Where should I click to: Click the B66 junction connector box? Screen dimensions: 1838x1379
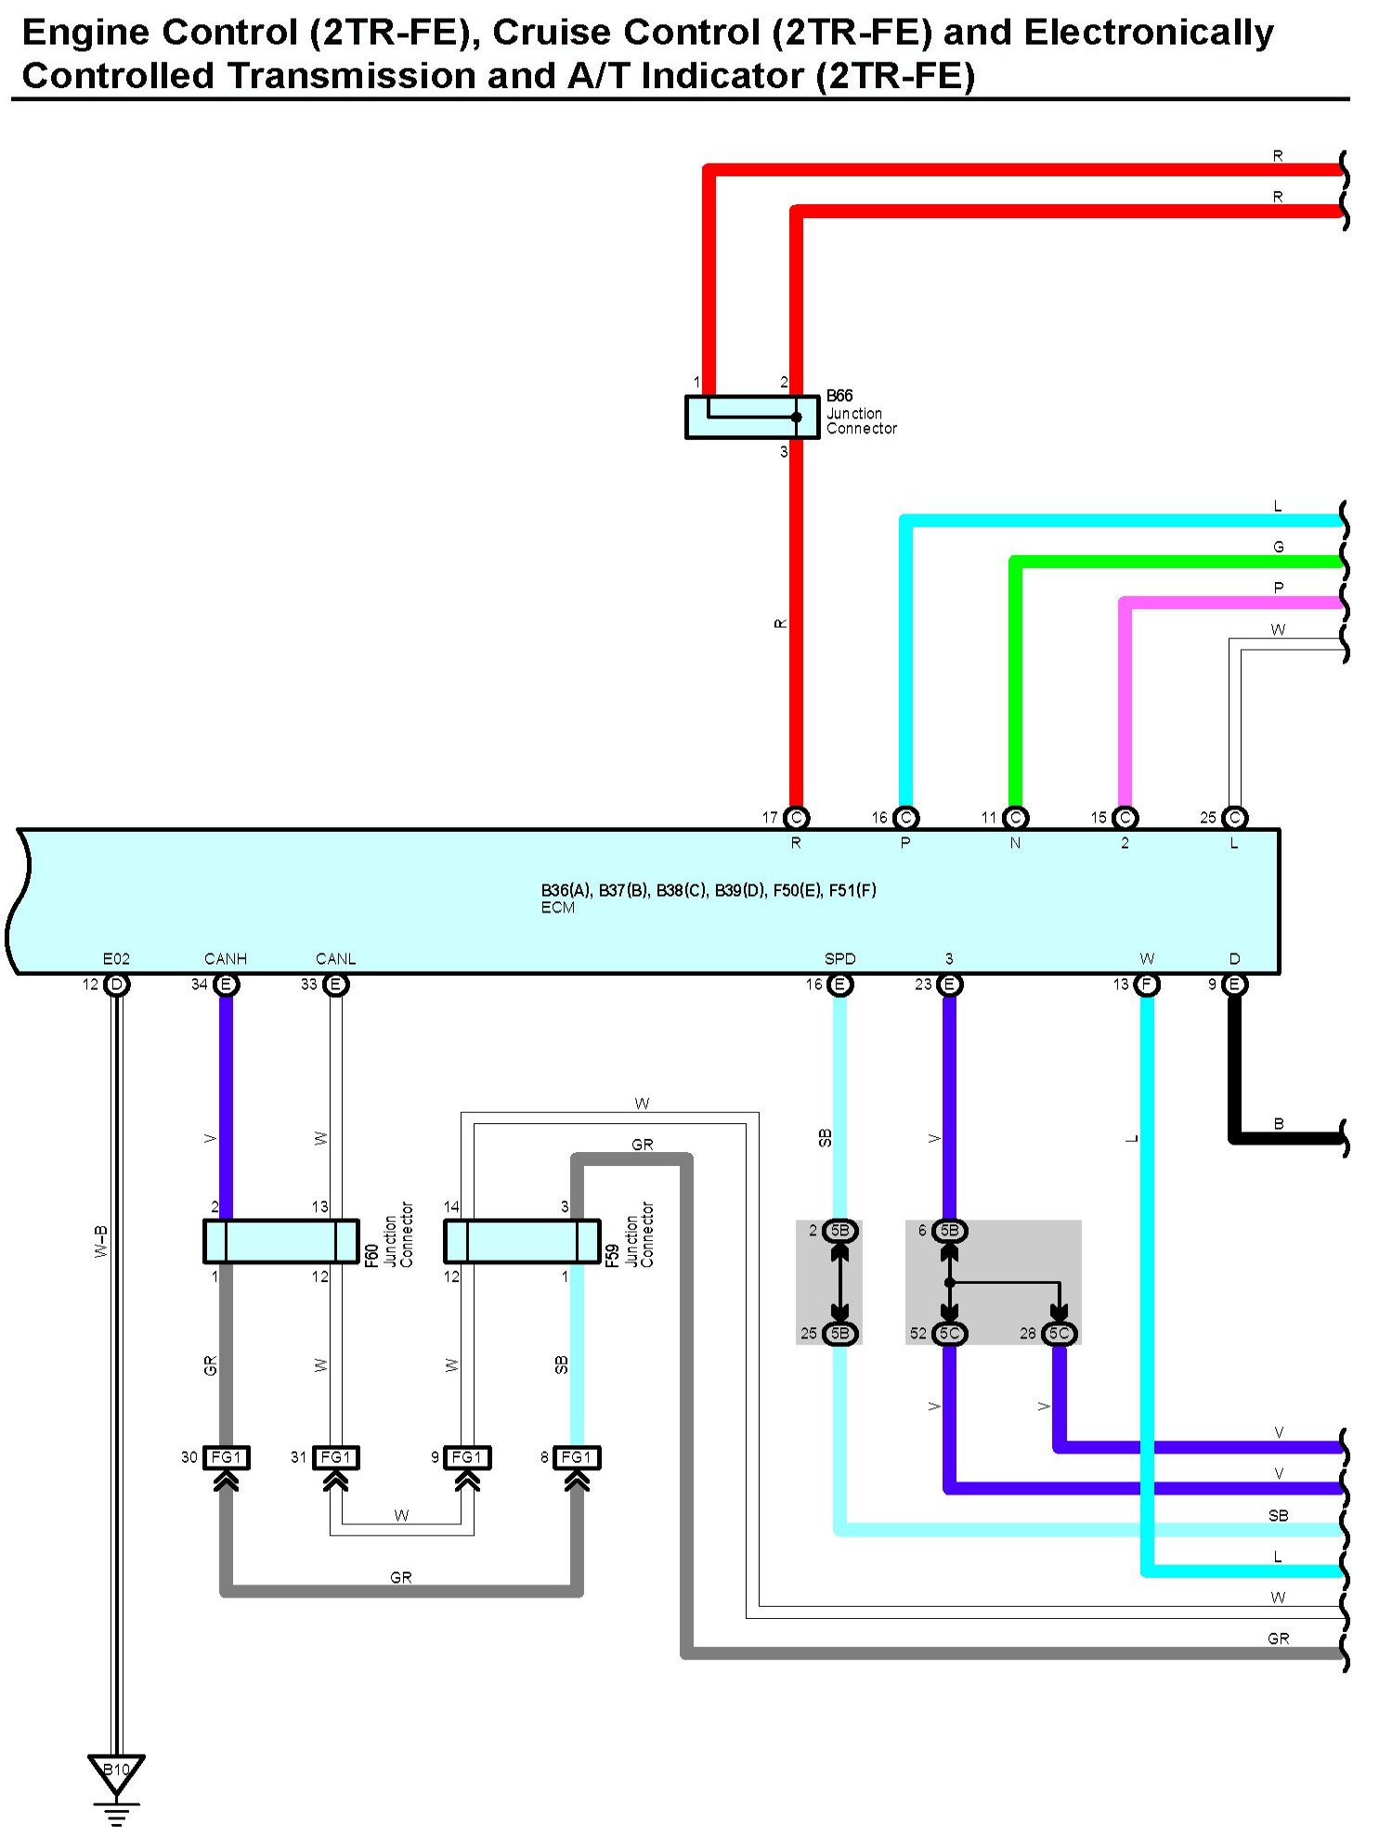coord(751,417)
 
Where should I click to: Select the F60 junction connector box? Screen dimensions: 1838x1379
coord(280,1241)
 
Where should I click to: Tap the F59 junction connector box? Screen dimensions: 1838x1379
coord(522,1241)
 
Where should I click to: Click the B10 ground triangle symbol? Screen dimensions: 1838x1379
coord(116,1770)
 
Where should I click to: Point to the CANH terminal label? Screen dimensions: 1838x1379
coord(225,959)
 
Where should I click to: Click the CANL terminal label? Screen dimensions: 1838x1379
coord(335,959)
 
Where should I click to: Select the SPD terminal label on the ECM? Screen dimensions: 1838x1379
coord(839,959)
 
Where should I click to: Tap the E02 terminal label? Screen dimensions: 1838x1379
coord(116,959)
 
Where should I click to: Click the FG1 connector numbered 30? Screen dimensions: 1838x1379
coord(226,1457)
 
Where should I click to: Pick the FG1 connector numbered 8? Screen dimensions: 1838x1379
coord(576,1457)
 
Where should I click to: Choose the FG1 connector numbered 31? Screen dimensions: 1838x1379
coord(335,1457)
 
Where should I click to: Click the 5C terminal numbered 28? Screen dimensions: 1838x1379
coord(1059,1334)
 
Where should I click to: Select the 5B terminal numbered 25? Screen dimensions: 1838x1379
coord(839,1334)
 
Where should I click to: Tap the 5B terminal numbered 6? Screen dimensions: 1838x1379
coord(949,1231)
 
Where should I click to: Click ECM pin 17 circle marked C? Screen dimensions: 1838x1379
coord(796,818)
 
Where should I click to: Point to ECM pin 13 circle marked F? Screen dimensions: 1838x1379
coord(1147,984)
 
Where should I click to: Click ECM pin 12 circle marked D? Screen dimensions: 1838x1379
coord(116,984)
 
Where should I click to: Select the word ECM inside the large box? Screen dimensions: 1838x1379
coord(558,908)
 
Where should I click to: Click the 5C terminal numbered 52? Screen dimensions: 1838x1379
coord(949,1334)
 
